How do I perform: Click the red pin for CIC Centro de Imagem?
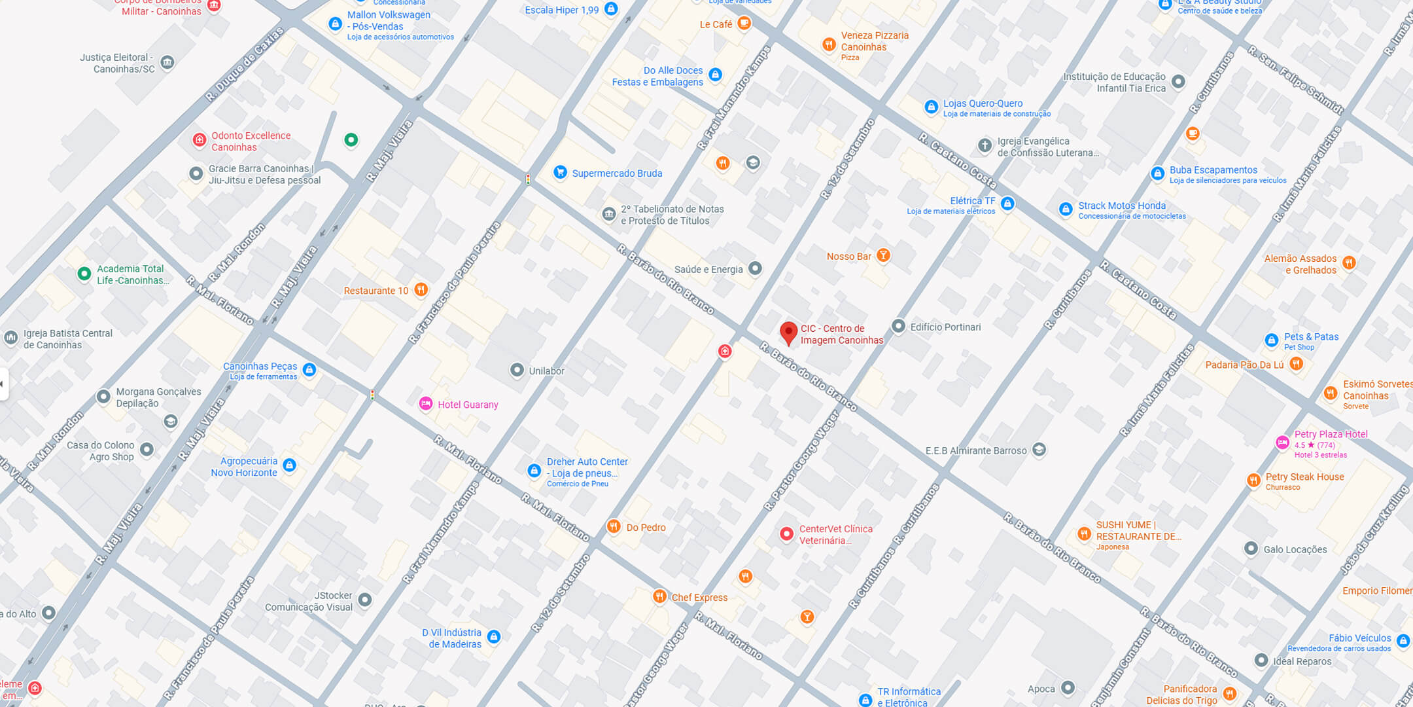[789, 332]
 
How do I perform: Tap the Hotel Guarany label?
[468, 405]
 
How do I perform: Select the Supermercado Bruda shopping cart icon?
[560, 172]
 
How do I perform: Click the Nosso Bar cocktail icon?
[883, 255]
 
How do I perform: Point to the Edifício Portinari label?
[945, 327]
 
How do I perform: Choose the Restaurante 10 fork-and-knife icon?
[421, 289]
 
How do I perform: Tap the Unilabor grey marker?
[517, 371]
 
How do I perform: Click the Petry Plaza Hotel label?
[1331, 434]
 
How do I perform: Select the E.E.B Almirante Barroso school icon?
[1039, 450]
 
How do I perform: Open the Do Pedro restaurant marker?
[613, 526]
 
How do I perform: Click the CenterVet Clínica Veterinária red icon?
[786, 534]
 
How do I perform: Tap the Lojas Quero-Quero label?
[983, 103]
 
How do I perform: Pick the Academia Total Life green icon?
[84, 274]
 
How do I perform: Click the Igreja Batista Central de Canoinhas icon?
[10, 338]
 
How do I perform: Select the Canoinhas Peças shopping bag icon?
[309, 370]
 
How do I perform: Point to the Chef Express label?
[699, 597]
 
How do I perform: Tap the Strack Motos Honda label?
[1121, 206]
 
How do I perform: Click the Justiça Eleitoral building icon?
[167, 62]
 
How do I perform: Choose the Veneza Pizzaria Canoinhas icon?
[829, 45]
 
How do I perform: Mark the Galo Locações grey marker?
[1251, 549]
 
